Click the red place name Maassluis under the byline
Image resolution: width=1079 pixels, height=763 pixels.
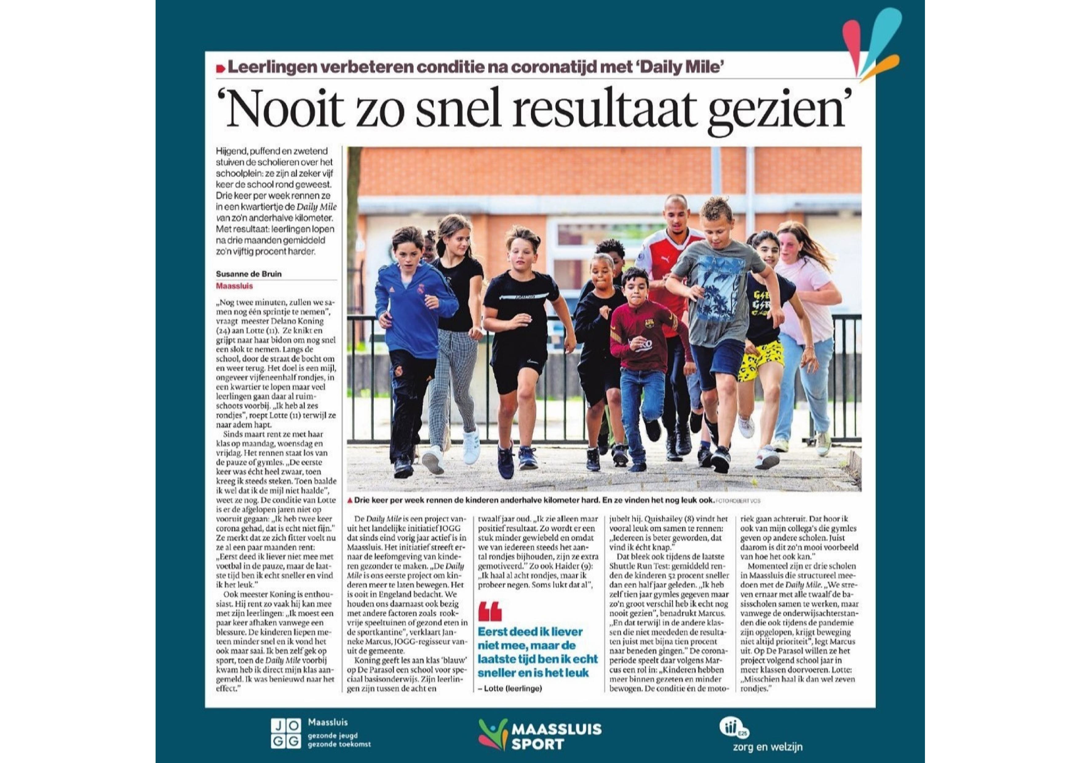tap(234, 286)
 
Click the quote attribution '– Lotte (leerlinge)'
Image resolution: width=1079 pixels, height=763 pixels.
tap(510, 688)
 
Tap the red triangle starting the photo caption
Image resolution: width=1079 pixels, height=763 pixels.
tap(350, 500)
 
